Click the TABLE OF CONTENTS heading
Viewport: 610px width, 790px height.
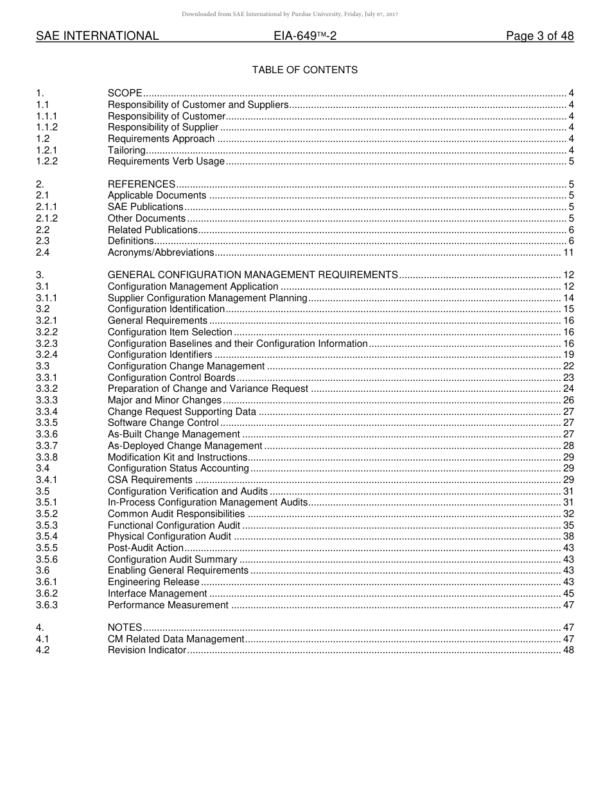304,70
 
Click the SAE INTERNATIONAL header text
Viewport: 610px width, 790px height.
97,37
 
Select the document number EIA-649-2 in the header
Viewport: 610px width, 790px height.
305,37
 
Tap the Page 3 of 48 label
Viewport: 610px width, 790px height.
539,37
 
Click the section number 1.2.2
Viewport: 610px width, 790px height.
47,161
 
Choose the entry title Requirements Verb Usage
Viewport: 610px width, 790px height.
166,161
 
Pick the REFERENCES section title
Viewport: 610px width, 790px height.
141,184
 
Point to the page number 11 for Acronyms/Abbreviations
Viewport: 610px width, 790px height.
568,252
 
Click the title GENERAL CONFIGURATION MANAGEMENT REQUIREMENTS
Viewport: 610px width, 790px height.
252,275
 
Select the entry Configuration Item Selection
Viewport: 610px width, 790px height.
170,332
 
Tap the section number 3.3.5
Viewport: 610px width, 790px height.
47,423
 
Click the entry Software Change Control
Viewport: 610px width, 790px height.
163,423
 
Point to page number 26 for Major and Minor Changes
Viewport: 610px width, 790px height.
568,400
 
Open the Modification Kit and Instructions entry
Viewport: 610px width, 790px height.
177,457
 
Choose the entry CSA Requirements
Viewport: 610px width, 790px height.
150,480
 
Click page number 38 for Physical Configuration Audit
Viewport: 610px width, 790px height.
568,536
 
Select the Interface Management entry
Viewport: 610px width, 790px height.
157,593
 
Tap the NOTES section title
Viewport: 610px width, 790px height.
125,628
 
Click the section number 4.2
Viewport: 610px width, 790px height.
43,650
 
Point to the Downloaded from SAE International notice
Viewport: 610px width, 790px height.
290,14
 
